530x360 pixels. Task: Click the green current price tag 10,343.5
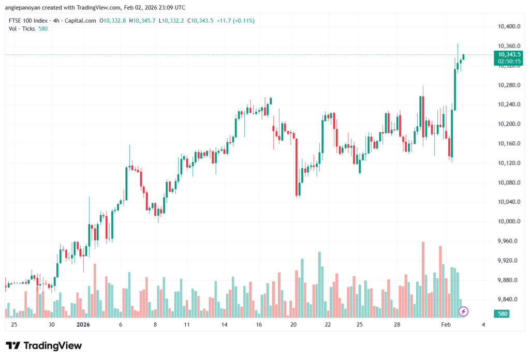pos(509,54)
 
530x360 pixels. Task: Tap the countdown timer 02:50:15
pos(509,61)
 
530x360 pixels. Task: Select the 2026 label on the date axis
pos(83,325)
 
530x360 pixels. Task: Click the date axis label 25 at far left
pos(13,325)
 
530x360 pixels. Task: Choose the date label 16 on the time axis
pos(259,325)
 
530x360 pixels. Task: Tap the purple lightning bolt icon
pos(464,311)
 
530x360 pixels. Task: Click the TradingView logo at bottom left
pos(43,346)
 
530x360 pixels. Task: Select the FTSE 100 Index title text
pos(30,21)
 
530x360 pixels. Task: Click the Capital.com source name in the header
pos(83,21)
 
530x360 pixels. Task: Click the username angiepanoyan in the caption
pos(25,7)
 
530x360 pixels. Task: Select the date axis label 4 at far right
pos(483,325)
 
